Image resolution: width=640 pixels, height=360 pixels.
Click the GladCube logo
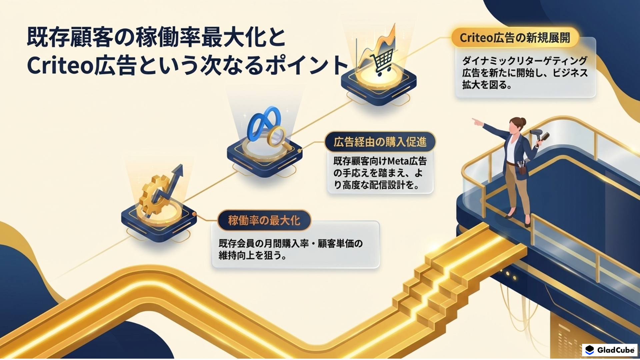610,350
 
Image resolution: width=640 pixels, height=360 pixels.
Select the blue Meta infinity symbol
264,123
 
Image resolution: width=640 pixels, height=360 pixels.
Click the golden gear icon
154,196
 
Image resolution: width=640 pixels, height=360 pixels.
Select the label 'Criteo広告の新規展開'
515,38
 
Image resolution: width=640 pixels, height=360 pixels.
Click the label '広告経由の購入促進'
380,142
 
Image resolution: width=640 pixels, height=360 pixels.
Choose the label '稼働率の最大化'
264,220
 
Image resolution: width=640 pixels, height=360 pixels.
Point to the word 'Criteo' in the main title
59,65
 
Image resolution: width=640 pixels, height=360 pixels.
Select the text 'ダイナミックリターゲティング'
525,61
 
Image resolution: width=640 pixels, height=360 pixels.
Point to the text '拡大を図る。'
487,85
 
